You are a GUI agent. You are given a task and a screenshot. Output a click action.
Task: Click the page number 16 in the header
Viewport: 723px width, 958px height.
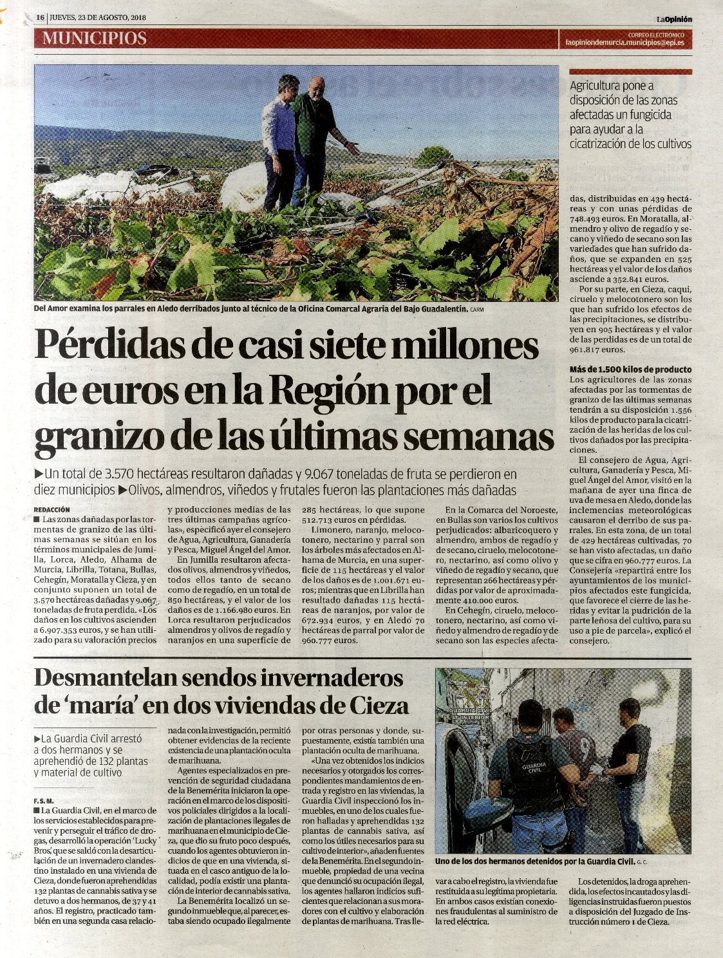tap(40, 18)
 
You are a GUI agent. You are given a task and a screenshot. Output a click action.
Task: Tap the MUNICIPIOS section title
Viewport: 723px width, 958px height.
tap(95, 39)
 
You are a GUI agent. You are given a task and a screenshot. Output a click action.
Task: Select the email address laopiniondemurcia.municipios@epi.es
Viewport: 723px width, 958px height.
tap(624, 43)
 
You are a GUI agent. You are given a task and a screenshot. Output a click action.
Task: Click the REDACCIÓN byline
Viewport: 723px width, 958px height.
tap(52, 509)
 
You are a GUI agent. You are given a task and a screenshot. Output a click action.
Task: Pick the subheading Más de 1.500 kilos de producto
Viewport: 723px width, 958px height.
tap(630, 370)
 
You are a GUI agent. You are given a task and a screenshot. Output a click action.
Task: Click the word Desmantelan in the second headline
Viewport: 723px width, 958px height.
tap(102, 678)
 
